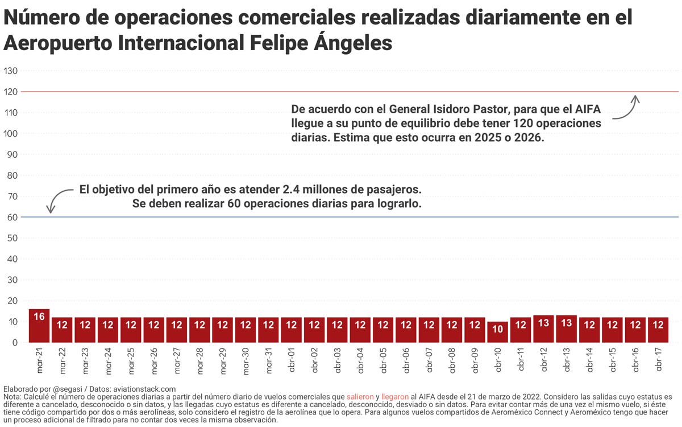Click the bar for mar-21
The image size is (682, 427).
(x=39, y=326)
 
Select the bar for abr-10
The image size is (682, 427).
(x=497, y=332)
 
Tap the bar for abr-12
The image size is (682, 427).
(x=543, y=329)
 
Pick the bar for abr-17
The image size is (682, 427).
(x=658, y=330)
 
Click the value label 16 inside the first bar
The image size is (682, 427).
(x=39, y=317)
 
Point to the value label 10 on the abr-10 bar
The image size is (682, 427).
(x=497, y=329)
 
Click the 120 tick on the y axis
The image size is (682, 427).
(x=11, y=92)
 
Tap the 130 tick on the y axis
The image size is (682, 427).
(x=11, y=71)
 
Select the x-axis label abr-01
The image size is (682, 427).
(x=292, y=360)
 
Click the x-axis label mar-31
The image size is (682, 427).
(x=269, y=360)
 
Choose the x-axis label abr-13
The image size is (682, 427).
(x=567, y=360)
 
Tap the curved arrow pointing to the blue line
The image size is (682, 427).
(x=57, y=199)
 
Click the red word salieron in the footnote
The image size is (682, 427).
(x=360, y=396)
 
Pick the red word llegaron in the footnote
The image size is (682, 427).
(x=395, y=396)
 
